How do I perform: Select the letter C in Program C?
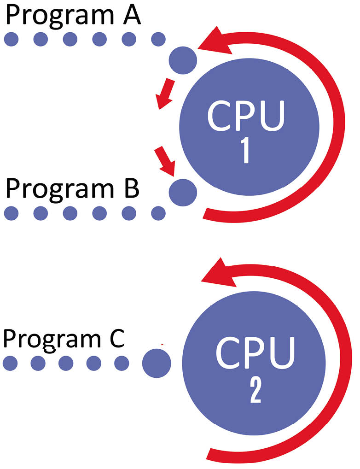click(x=115, y=338)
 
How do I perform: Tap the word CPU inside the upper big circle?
click(x=246, y=116)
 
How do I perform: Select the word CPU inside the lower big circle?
click(x=255, y=353)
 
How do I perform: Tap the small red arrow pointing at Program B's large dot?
click(x=164, y=161)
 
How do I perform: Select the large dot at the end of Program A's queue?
click(x=183, y=60)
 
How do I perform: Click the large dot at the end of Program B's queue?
click(x=183, y=192)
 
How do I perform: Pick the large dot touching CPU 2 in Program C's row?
click(x=157, y=363)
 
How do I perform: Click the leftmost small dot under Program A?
click(x=12, y=39)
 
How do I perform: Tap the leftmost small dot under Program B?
click(x=12, y=213)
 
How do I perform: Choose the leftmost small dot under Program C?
click(x=10, y=363)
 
